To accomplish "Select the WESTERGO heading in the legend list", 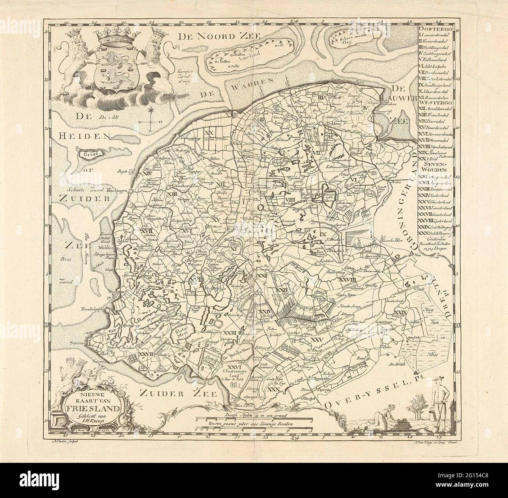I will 435,104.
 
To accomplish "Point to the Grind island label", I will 87,154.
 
